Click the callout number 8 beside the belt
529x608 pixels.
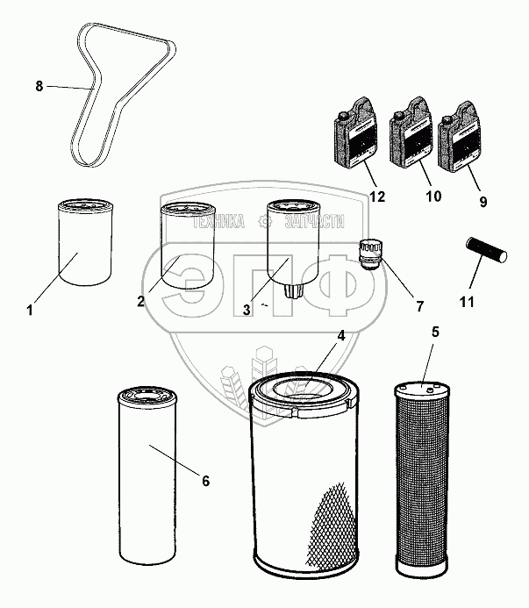click(x=39, y=86)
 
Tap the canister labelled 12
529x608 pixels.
click(x=355, y=133)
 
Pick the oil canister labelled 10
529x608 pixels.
click(x=411, y=132)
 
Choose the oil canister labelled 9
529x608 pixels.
click(x=460, y=136)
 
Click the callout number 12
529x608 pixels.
click(x=377, y=197)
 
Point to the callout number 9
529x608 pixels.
click(x=483, y=202)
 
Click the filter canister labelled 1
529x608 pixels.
click(x=85, y=242)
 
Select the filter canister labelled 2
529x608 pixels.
click(x=188, y=246)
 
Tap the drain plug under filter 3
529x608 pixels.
click(x=293, y=290)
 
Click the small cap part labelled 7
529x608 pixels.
click(x=368, y=254)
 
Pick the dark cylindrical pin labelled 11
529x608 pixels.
click(x=486, y=250)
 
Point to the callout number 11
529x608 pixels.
click(x=467, y=302)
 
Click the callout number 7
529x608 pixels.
click(x=419, y=307)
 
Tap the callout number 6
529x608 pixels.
click(x=205, y=481)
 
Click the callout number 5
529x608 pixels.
click(x=435, y=333)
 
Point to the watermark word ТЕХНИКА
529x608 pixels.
click(x=218, y=222)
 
